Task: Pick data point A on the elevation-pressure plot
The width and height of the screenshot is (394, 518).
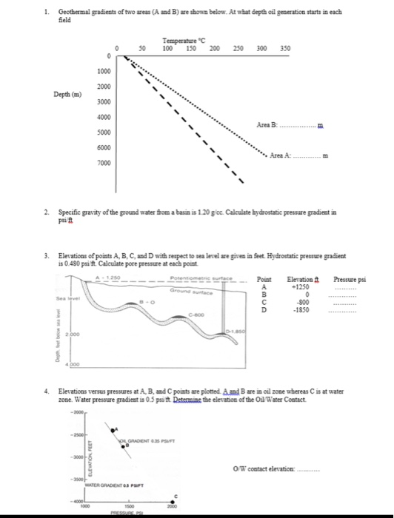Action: (x=113, y=429)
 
